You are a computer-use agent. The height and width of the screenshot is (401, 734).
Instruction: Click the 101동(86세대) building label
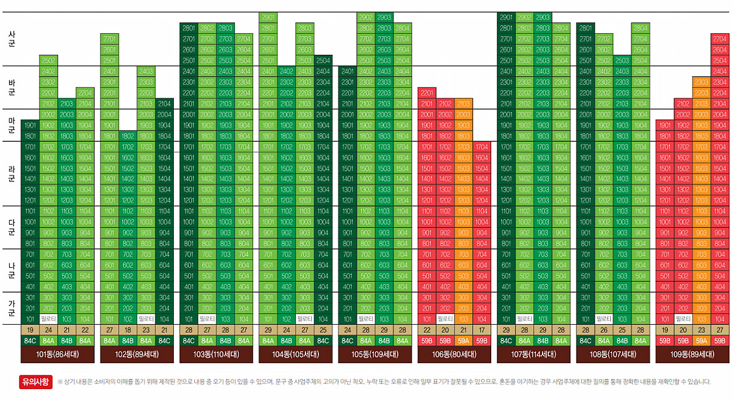coord(58,355)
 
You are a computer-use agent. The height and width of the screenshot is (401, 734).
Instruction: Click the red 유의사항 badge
coord(36,382)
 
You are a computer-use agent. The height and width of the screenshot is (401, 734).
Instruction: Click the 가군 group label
coord(12,307)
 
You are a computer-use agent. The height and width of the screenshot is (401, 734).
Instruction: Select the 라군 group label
coord(12,173)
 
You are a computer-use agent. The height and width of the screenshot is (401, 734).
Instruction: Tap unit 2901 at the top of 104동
coord(268,18)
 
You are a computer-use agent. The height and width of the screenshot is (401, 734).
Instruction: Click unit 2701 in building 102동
coord(110,39)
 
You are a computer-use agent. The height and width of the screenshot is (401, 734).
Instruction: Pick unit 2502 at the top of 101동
coord(49,60)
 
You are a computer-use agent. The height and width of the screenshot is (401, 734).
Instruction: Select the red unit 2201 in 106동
coord(427,93)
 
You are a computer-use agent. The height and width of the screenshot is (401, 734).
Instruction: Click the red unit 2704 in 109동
coord(719,39)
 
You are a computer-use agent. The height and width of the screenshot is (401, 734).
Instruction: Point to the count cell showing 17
coord(482,330)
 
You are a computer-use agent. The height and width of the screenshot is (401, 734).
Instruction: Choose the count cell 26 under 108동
coord(604,330)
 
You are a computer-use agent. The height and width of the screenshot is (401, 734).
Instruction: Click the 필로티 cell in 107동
coord(525,319)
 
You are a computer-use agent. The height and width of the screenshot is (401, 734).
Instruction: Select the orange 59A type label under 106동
coord(464,341)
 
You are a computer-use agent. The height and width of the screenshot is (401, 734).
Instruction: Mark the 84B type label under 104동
coord(286,341)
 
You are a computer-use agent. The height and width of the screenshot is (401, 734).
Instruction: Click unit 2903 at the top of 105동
coord(384,18)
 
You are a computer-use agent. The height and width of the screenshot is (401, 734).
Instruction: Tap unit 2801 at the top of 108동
coord(586,28)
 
